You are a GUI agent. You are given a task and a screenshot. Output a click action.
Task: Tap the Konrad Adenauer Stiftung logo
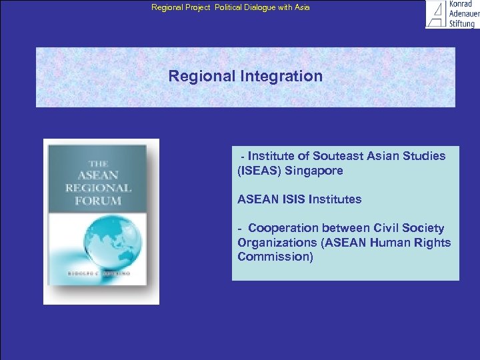(451, 14)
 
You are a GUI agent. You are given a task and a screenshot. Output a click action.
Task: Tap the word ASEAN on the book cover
(99, 175)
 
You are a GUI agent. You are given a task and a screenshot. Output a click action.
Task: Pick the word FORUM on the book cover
(98, 200)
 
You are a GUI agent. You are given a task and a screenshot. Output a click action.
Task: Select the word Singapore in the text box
(314, 171)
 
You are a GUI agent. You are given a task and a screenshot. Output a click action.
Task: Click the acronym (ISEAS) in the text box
(259, 171)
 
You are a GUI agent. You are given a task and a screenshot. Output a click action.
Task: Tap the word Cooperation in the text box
(283, 228)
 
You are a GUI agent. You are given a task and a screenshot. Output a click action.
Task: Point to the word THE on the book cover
(98, 163)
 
